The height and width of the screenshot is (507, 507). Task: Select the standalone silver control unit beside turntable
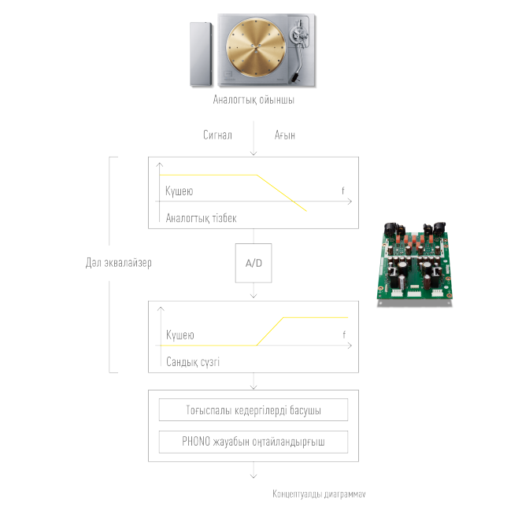200,54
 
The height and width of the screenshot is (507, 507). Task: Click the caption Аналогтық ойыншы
253,101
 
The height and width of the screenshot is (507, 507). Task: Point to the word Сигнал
217,135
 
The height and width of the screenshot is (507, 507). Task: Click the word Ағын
285,135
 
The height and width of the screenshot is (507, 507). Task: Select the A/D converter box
253,264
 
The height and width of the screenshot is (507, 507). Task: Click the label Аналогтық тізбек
201,218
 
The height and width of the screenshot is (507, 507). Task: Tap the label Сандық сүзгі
193,362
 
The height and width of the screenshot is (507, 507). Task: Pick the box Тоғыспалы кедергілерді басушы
253,410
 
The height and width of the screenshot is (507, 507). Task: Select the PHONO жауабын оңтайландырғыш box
253,442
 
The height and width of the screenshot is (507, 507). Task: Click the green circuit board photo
416,261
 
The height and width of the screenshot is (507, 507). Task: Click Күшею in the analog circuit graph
179,191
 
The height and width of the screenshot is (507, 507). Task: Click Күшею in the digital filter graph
179,335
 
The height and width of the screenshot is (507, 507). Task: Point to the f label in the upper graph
343,191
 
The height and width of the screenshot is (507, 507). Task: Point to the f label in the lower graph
343,335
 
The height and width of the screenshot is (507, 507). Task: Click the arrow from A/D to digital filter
253,291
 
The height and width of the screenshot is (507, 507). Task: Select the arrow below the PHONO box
253,472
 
